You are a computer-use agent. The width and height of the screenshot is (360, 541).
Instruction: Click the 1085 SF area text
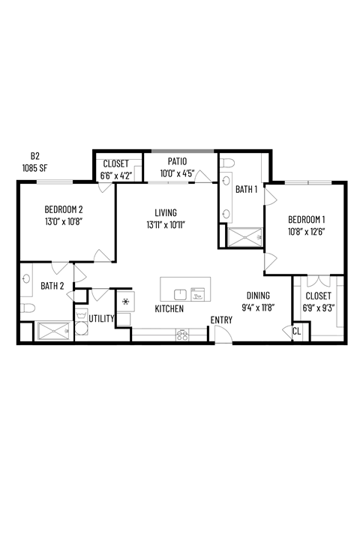[34, 168]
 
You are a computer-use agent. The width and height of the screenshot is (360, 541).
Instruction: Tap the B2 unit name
[34, 156]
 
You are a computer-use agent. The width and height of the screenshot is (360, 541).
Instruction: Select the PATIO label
[177, 161]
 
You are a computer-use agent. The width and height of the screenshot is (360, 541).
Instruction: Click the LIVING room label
[166, 212]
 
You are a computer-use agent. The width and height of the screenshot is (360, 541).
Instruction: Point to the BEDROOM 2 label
[63, 209]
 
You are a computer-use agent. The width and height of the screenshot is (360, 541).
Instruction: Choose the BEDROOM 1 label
[306, 219]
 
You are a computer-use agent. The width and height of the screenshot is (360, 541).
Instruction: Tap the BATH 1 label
[246, 190]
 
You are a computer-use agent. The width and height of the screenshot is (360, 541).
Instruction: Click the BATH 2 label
[52, 286]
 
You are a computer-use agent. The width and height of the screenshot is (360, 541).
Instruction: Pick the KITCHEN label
[169, 309]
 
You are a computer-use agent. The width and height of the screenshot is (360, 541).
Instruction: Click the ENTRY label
[221, 320]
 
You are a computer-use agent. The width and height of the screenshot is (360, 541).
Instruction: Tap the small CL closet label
[296, 330]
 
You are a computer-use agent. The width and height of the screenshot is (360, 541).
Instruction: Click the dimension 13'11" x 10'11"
[166, 224]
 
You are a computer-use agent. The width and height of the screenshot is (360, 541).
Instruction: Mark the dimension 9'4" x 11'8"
[259, 307]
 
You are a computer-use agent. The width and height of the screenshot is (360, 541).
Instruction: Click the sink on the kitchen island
[181, 294]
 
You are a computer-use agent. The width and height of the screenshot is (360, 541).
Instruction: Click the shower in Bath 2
[52, 330]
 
